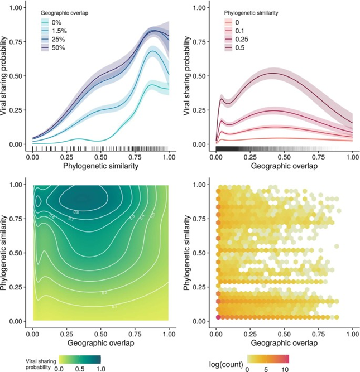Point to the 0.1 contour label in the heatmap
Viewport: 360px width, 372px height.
114,306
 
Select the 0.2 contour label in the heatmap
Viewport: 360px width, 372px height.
105,292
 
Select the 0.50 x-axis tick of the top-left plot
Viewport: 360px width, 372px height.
100,158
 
